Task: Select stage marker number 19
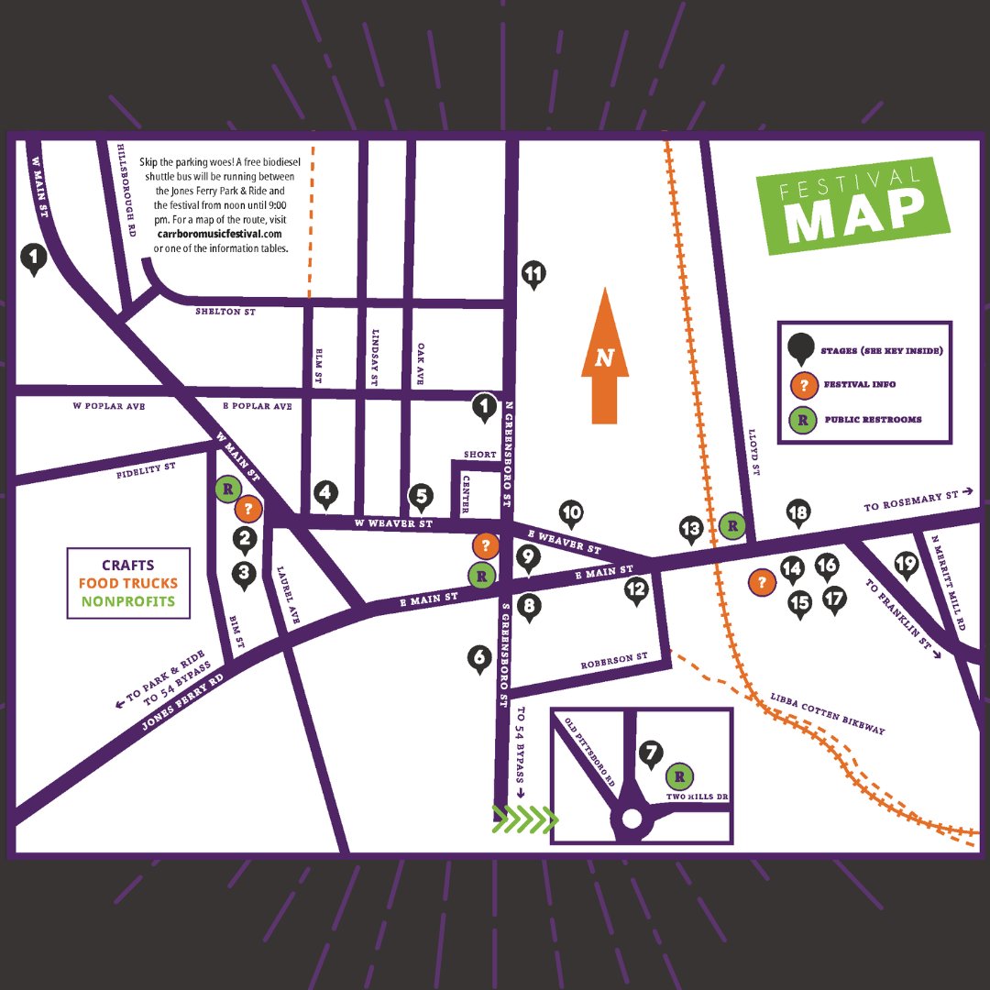(x=906, y=564)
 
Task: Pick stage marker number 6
(x=478, y=657)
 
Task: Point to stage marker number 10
(x=571, y=513)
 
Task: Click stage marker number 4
(x=325, y=494)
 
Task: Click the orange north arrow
(x=605, y=357)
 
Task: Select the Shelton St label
(x=225, y=313)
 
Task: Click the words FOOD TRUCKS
(x=128, y=584)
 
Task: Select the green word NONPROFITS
(x=128, y=602)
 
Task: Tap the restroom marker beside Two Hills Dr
(x=679, y=777)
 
